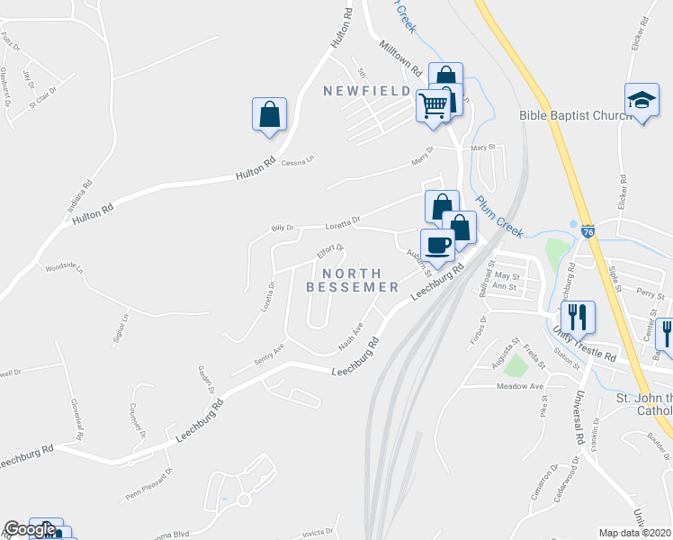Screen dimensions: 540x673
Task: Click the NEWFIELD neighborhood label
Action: point(369,91)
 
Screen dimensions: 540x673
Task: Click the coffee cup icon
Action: point(438,245)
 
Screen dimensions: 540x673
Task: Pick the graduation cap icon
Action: point(642,100)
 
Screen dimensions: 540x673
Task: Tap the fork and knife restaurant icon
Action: point(577,316)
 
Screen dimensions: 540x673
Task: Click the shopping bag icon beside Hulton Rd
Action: point(269,114)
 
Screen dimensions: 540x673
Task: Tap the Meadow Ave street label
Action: point(521,386)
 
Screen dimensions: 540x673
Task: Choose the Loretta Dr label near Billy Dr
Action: point(343,220)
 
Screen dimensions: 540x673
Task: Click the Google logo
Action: point(30,530)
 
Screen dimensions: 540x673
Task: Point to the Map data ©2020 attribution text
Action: point(635,533)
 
